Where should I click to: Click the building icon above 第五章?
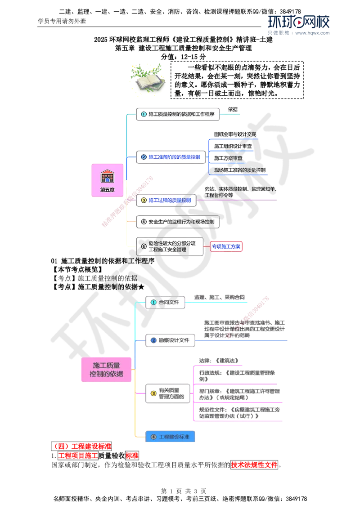point(107,175)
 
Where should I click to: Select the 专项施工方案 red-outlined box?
point(227,246)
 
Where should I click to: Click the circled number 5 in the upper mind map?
point(144,246)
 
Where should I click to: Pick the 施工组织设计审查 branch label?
point(234,147)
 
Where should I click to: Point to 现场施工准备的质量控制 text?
point(240,170)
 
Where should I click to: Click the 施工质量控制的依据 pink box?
point(106,370)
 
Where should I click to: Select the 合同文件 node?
point(165,302)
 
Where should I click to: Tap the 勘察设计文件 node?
point(171,340)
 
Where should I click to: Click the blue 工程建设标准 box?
point(171,436)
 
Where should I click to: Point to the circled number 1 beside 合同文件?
point(153,302)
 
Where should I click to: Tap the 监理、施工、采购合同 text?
point(219,297)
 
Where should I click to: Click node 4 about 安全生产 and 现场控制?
point(178,222)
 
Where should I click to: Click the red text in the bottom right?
point(254,464)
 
